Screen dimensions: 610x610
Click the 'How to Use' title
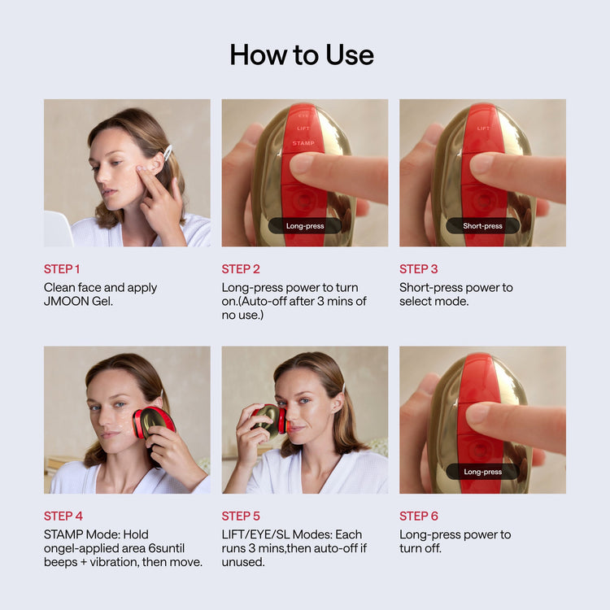pos(302,54)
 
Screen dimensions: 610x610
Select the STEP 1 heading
pos(62,269)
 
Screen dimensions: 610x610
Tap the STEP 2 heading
pos(241,269)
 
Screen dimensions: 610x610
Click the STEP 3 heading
pos(418,269)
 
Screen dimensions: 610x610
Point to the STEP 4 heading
pos(63,516)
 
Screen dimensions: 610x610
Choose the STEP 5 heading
pos(241,516)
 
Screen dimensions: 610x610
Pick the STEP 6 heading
pos(418,516)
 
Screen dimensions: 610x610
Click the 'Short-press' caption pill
pos(482,226)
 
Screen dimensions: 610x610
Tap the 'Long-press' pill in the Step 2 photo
pos(305,226)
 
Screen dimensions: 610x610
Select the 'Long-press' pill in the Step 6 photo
pos(482,472)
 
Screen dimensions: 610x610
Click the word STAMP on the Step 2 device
pos(303,143)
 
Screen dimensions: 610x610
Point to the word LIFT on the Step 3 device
pos(483,128)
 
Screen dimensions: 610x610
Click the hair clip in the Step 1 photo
pos(168,152)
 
